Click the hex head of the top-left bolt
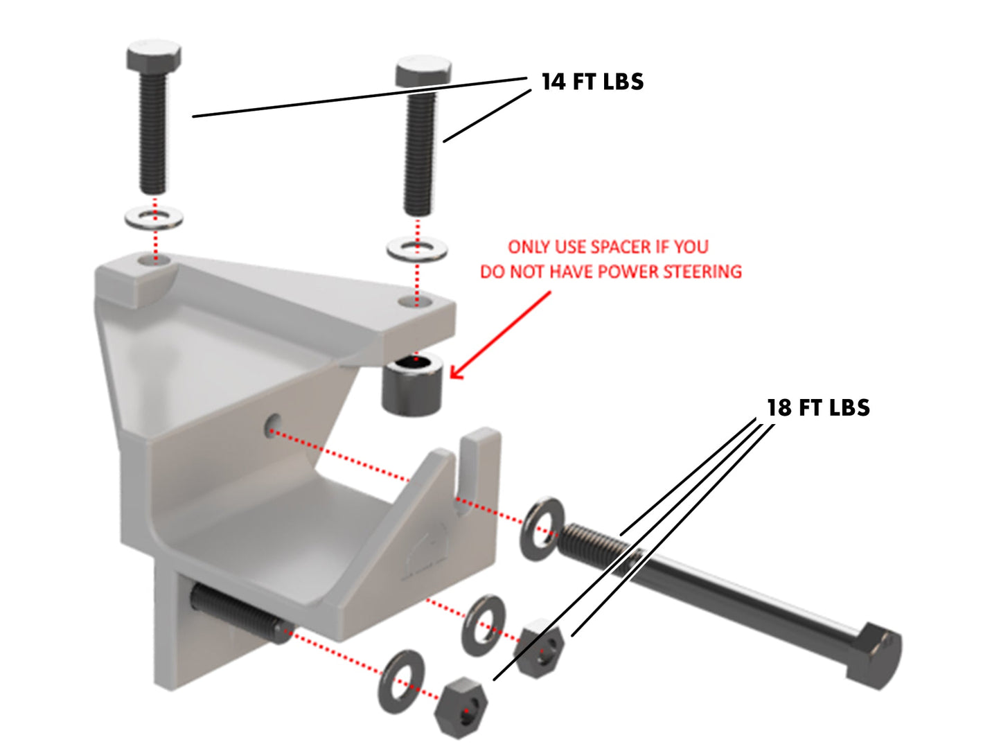(154, 55)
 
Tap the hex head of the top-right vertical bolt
(423, 71)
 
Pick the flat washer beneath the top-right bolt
(416, 249)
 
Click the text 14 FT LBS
(592, 82)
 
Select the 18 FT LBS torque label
(818, 408)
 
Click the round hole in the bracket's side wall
(273, 425)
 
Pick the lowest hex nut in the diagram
(461, 708)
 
